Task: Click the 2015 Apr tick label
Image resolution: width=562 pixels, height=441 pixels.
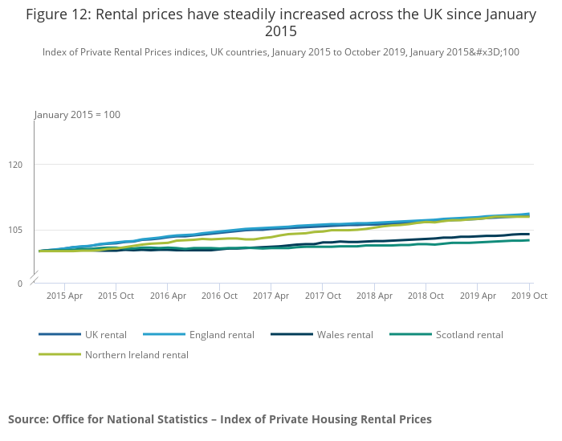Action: pyautogui.click(x=64, y=296)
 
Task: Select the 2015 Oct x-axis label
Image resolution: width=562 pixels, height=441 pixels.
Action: pyautogui.click(x=116, y=296)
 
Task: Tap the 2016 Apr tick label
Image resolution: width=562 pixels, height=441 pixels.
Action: pyautogui.click(x=167, y=296)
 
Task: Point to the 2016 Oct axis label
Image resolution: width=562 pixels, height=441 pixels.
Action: pyautogui.click(x=219, y=296)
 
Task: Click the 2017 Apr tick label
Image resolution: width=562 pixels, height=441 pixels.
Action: pyautogui.click(x=271, y=296)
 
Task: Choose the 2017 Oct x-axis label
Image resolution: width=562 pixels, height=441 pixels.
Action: pyautogui.click(x=322, y=296)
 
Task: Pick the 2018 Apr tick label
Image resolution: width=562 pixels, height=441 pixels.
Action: pyautogui.click(x=374, y=296)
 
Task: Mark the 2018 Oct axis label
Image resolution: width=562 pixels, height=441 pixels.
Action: pyautogui.click(x=426, y=296)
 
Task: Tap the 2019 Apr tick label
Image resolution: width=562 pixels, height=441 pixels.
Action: pyautogui.click(x=478, y=296)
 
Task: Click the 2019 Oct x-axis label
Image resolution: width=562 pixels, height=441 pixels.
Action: pyautogui.click(x=529, y=296)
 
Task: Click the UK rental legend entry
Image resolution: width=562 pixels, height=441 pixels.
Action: pyautogui.click(x=105, y=335)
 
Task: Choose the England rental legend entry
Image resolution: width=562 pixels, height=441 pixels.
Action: pyautogui.click(x=221, y=335)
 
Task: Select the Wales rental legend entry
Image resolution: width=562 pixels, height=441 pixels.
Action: pyautogui.click(x=344, y=335)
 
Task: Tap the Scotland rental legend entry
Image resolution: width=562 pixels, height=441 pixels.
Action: pyautogui.click(x=469, y=335)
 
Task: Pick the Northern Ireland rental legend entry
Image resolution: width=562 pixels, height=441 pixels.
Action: pyautogui.click(x=136, y=355)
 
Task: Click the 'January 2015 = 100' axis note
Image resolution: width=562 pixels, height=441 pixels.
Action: pyautogui.click(x=77, y=115)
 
